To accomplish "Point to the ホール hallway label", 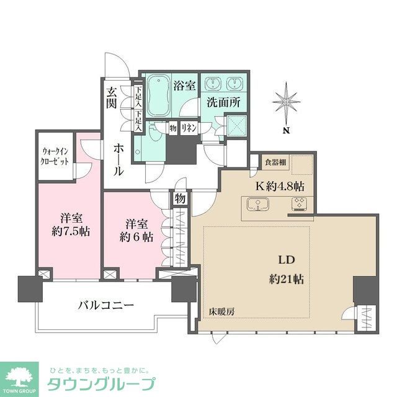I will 118,158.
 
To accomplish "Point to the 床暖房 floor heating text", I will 221,310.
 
